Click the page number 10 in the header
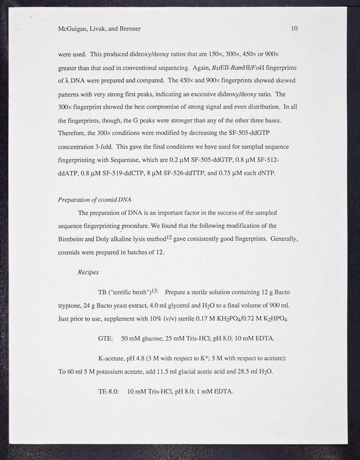(x=294, y=28)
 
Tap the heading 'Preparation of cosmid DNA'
(x=95, y=200)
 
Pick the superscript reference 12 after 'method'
(x=170, y=237)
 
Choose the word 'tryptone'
(x=72, y=306)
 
